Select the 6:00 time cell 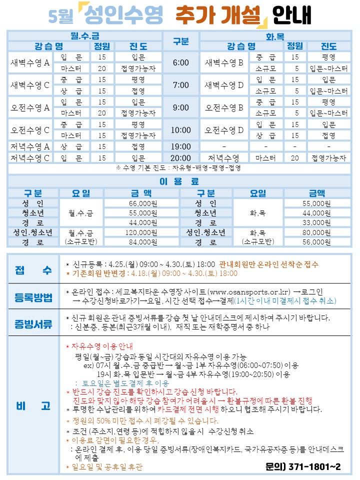[181, 63]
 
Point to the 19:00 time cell [181, 146]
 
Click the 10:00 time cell [181, 130]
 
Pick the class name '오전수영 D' [224, 130]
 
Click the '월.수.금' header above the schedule [85, 36]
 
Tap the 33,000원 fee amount [317, 222]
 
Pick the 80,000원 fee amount [317, 232]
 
